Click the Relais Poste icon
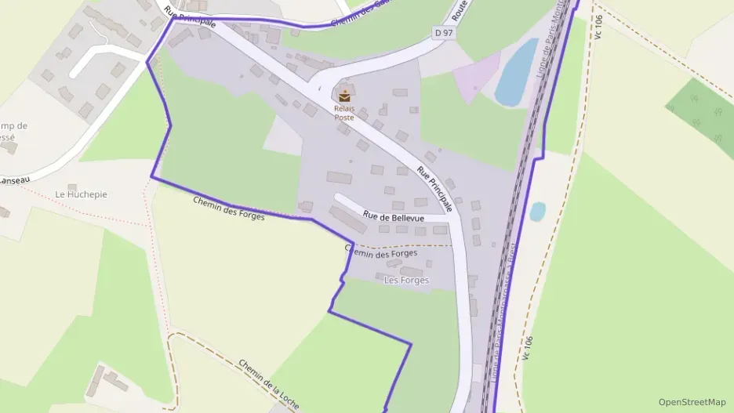click(344, 96)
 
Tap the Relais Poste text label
click(344, 113)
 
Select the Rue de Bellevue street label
click(393, 217)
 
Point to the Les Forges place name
click(406, 280)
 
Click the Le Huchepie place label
click(81, 194)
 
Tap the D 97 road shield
click(444, 32)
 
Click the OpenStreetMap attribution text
click(692, 402)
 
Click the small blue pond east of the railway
click(537, 212)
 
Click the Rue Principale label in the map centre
click(435, 189)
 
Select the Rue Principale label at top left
click(189, 16)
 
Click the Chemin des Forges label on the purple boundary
click(229, 208)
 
